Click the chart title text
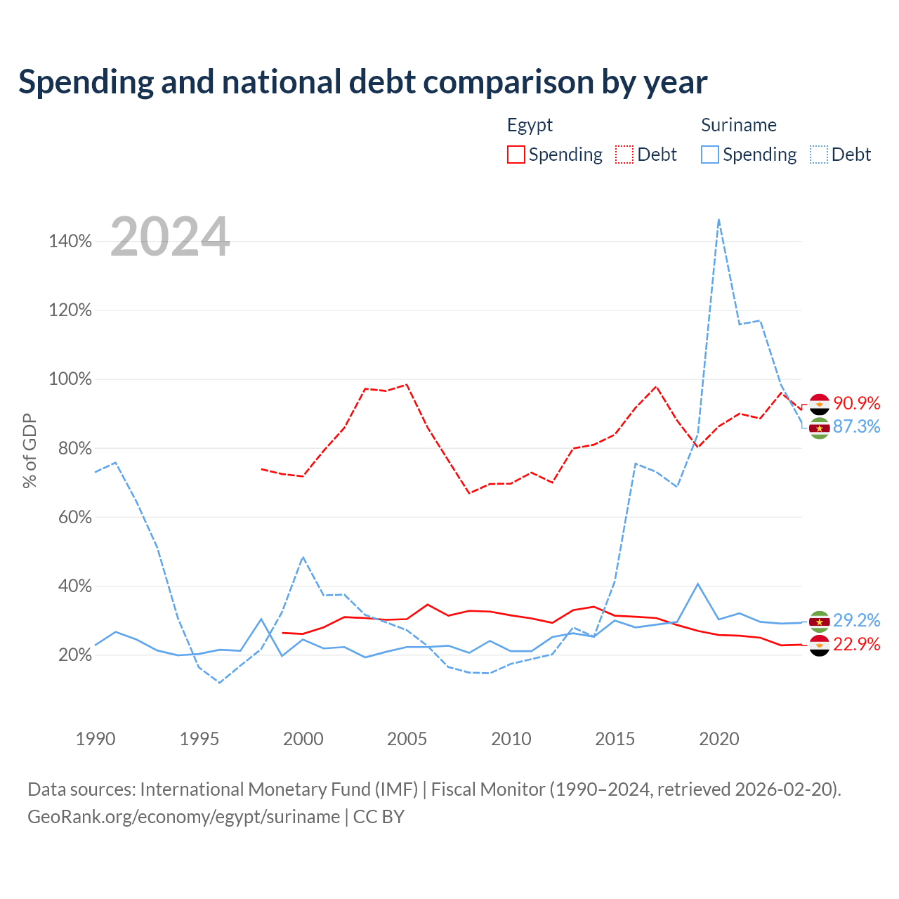(x=362, y=82)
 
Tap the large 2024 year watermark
(x=170, y=237)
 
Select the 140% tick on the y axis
(x=70, y=241)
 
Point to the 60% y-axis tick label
(x=74, y=517)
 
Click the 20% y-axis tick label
(x=74, y=655)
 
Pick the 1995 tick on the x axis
(x=199, y=739)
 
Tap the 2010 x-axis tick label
(x=511, y=739)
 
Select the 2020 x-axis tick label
(x=719, y=739)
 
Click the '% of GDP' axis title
(x=29, y=451)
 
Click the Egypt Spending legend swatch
(x=516, y=155)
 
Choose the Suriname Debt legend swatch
(x=819, y=155)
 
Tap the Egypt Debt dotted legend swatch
(x=624, y=155)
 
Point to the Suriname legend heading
(x=738, y=125)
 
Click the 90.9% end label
(x=857, y=403)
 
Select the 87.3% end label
(x=857, y=426)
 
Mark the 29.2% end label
(x=857, y=620)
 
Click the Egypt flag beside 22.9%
(x=819, y=645)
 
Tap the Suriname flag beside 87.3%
(x=819, y=428)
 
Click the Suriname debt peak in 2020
(x=719, y=219)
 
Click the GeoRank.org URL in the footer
(x=184, y=817)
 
